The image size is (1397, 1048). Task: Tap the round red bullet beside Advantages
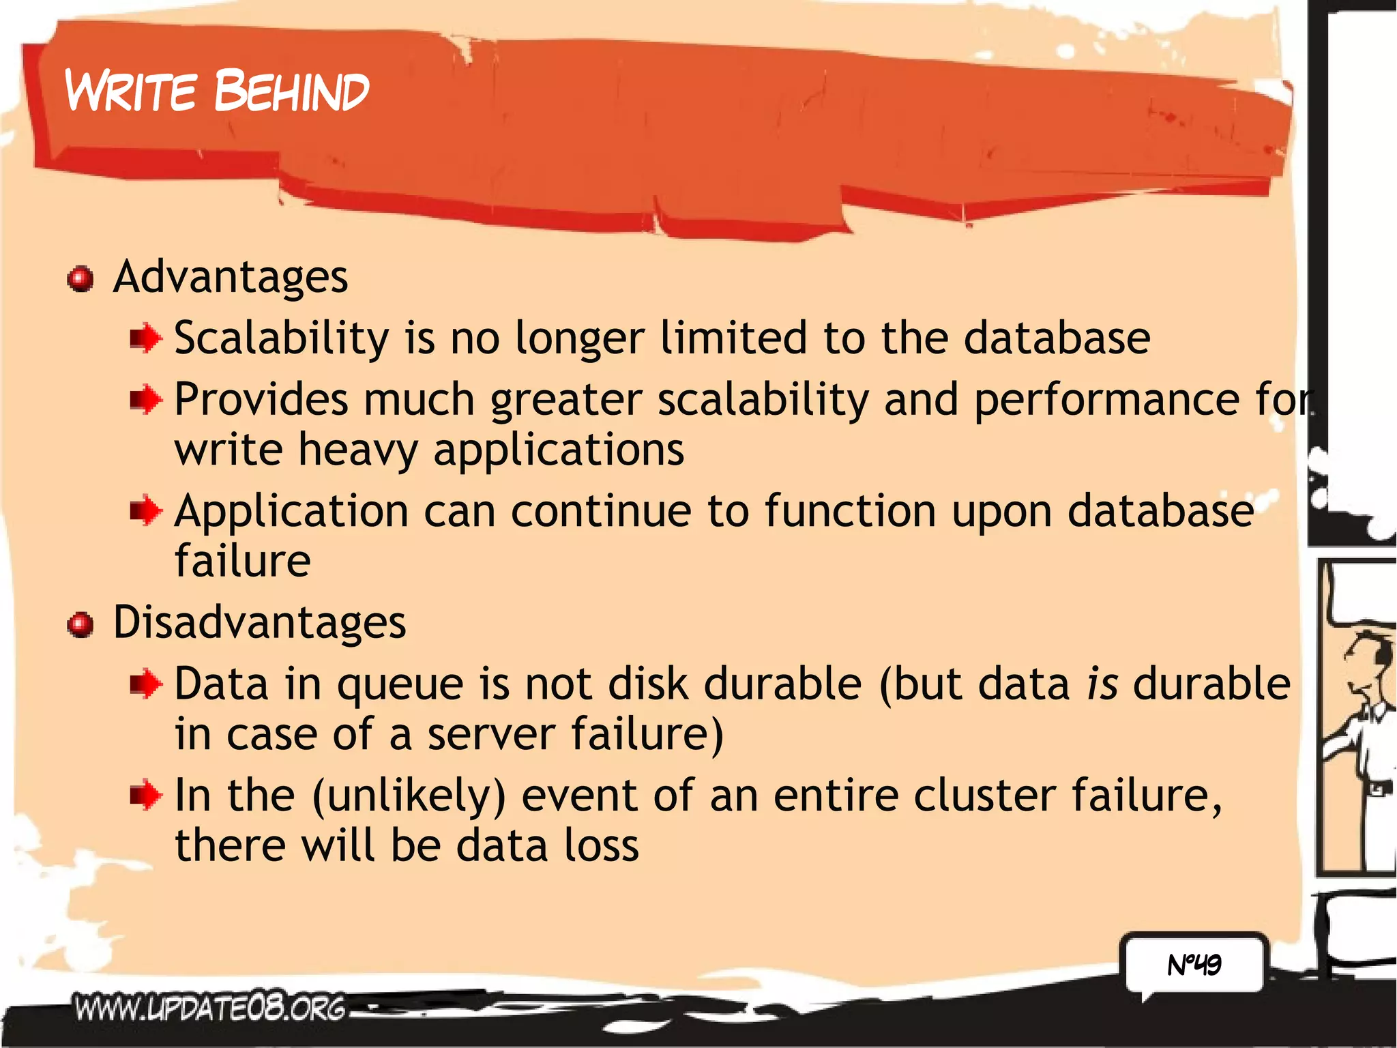(80, 279)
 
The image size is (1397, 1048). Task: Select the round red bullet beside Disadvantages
(80, 624)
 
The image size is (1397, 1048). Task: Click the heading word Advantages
(231, 277)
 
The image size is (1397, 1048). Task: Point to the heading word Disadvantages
(259, 622)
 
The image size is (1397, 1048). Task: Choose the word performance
(1106, 400)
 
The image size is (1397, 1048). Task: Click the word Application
(291, 512)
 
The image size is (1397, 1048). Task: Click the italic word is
(1102, 684)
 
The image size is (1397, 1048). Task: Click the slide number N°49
(1194, 964)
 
